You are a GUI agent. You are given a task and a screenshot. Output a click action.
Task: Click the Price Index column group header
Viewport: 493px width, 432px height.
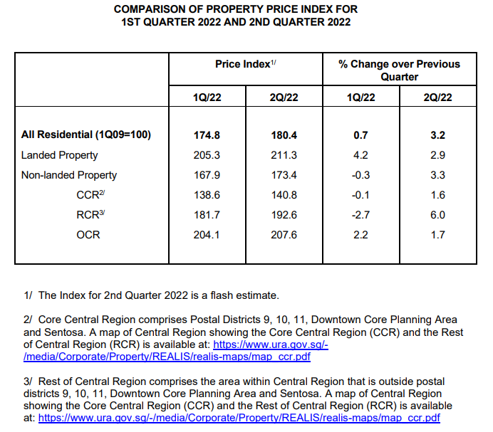tap(246, 64)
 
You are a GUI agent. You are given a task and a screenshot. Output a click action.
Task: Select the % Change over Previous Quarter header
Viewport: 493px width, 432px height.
tap(399, 70)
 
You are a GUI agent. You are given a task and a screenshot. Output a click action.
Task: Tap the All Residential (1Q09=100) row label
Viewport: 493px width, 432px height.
tap(86, 135)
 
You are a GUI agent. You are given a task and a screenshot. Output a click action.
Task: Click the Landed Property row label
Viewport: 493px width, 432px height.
tap(59, 155)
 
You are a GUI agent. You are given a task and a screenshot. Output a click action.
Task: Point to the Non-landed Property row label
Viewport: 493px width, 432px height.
tap(69, 175)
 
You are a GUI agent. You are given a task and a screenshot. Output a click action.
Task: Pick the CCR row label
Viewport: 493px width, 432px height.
tap(90, 195)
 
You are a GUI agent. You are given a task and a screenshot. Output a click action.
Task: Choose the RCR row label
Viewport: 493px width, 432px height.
tap(90, 215)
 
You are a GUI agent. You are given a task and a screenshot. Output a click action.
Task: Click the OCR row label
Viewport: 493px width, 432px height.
tap(88, 235)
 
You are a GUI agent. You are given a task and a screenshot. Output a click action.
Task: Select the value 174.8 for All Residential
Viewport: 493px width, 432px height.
tap(207, 135)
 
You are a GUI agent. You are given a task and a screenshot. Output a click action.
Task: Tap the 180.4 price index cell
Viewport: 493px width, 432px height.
tap(284, 135)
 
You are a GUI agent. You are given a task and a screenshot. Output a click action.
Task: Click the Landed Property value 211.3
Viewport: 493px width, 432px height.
tap(284, 155)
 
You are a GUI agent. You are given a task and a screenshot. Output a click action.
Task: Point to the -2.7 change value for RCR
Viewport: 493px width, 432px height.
tap(360, 215)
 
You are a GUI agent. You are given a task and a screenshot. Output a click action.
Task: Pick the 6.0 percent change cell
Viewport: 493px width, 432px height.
tap(437, 215)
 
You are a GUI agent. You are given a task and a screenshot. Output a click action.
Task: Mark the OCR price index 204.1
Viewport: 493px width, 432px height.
tap(207, 235)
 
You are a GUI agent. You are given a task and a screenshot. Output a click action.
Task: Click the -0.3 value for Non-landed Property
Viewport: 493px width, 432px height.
tap(360, 175)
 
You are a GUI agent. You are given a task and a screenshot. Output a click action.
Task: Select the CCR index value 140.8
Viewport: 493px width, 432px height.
tap(284, 195)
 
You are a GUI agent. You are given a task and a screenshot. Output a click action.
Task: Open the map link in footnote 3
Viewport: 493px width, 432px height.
tap(239, 418)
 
